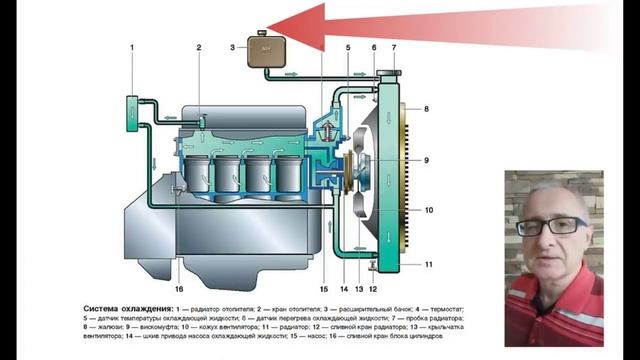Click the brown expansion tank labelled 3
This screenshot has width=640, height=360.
point(264,50)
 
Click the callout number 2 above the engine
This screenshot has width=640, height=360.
point(199,48)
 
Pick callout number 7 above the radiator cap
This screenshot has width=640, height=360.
point(393,48)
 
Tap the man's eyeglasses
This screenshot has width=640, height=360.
point(551,226)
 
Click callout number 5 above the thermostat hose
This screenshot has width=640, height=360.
point(347,48)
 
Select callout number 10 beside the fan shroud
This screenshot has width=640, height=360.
point(425,211)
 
